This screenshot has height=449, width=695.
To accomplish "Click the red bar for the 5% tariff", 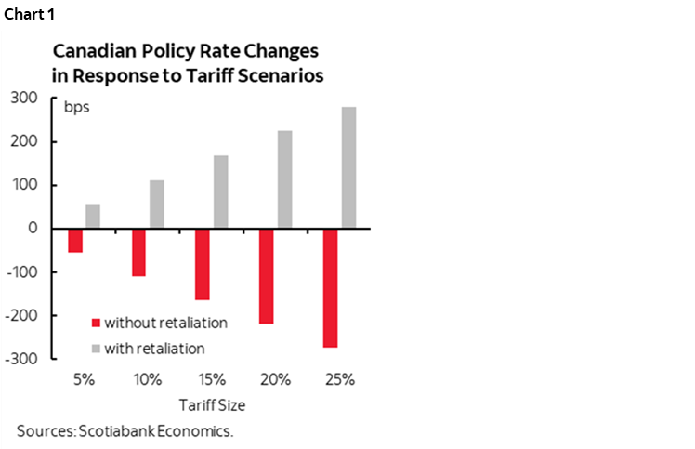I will pos(75,240).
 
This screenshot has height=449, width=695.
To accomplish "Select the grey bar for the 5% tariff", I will pos(93,216).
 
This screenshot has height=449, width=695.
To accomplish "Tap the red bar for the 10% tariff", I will pos(139,252).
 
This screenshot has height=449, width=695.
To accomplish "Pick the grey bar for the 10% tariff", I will pos(157,204).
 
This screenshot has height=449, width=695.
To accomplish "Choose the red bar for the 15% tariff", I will pos(203,264).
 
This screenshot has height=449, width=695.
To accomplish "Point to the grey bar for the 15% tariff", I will pos(221,191).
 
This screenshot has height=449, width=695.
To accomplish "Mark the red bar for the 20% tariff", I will pos(267,276).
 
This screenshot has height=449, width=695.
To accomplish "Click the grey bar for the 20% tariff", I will pos(284,179).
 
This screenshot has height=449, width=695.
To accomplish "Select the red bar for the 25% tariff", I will pos(331,288).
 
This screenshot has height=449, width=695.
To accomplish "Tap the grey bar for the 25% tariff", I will pos(348,167).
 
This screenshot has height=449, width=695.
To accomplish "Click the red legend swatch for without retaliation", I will pos(95,324).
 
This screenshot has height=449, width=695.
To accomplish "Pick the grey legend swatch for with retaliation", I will pos(95,349).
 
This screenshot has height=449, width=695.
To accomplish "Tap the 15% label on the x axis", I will pos(212,379).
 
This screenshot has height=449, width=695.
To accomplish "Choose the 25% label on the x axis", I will pos(340,379).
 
